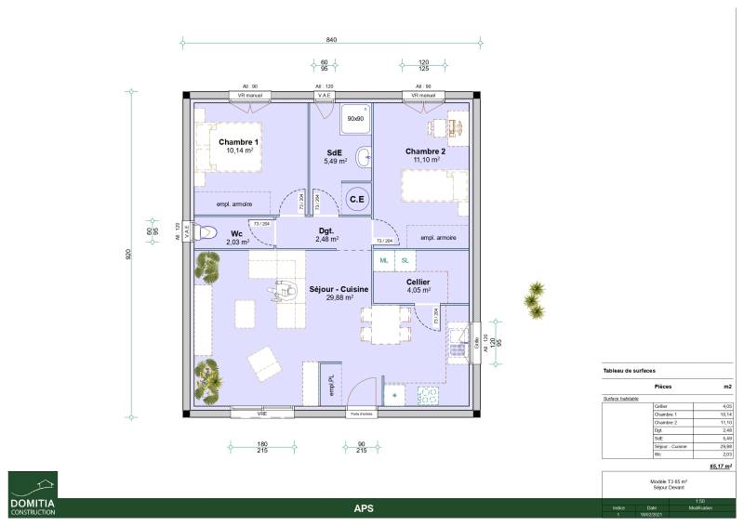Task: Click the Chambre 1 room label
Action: point(239,142)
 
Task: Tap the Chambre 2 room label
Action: point(425,151)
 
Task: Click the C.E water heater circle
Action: point(356,199)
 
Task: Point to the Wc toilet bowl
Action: point(204,234)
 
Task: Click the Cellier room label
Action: point(418,282)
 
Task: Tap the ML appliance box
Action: point(384,262)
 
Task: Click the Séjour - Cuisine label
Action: point(339,290)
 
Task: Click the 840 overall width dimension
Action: point(331,40)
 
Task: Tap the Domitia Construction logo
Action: point(33,493)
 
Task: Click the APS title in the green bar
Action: point(365,508)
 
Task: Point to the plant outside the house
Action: point(534,300)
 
